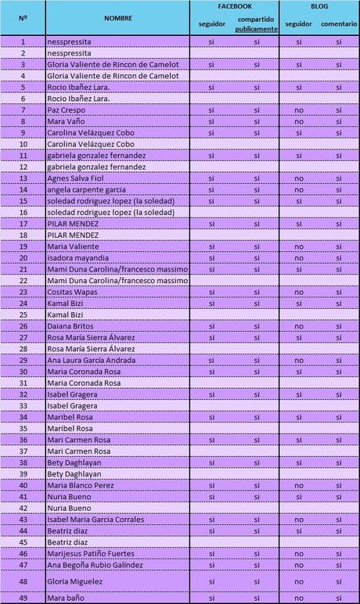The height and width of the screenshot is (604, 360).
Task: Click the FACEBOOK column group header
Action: pos(235,5)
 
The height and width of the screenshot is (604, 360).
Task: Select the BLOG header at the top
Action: pos(319,5)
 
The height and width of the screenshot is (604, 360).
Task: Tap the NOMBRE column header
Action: pos(117,16)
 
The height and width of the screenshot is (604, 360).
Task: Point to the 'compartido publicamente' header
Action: pos(257,24)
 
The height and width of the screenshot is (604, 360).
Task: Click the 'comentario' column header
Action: pos(339,23)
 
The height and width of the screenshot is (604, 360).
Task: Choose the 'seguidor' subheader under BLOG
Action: pos(298,23)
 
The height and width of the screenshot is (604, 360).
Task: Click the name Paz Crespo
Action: pos(66,110)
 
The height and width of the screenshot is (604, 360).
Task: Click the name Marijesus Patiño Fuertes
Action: pos(95,553)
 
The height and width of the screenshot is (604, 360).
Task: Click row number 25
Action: pos(23,315)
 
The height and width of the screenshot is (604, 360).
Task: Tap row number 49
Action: pos(23,599)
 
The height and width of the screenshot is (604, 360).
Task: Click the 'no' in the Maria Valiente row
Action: pos(298,246)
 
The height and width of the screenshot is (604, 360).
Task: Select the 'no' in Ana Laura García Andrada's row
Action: pos(298,360)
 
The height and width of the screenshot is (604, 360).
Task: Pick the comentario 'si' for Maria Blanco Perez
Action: pos(339,485)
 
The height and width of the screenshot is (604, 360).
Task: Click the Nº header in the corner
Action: pos(23,16)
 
